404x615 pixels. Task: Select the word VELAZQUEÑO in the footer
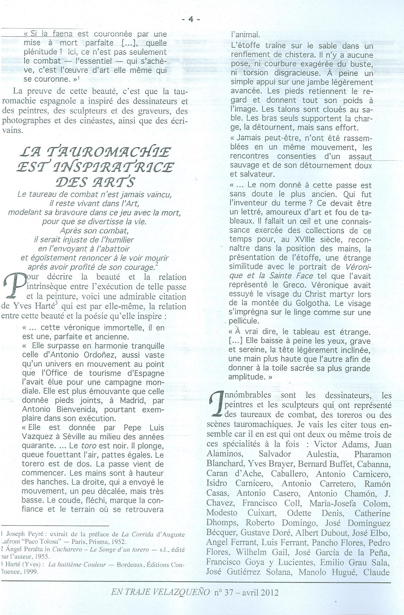click(179, 592)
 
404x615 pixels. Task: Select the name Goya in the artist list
click(255, 563)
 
